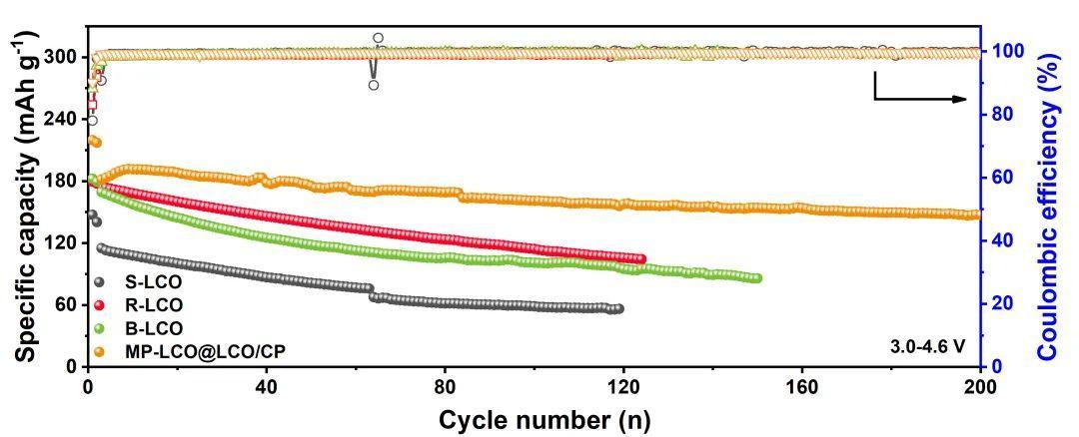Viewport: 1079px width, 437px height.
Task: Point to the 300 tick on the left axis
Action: [62, 57]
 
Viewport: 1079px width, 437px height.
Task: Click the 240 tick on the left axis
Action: [62, 119]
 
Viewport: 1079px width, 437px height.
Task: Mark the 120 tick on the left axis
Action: [62, 242]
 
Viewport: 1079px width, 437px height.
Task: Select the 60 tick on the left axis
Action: [67, 304]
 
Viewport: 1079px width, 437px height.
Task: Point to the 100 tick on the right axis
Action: [1006, 52]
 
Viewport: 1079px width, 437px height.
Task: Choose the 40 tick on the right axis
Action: [1001, 240]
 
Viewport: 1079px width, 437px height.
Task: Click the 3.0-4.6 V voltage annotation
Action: [928, 346]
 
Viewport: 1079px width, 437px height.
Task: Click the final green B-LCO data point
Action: [757, 278]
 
